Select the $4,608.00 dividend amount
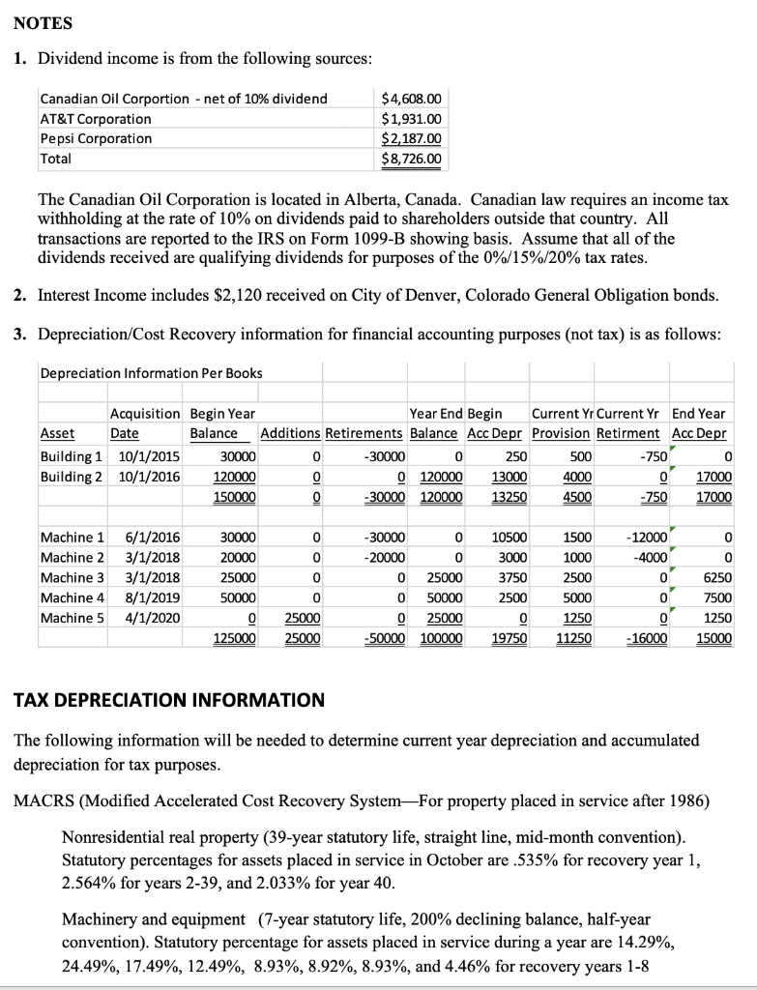tap(412, 99)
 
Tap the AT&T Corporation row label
tap(95, 119)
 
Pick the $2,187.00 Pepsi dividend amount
tap(412, 138)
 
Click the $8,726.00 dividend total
tap(412, 159)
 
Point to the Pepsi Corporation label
tap(96, 138)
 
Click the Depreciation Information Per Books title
tap(151, 373)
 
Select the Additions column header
tap(291, 434)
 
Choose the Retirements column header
tap(365, 434)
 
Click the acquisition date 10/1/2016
tap(141, 477)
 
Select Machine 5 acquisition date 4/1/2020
tap(144, 618)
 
